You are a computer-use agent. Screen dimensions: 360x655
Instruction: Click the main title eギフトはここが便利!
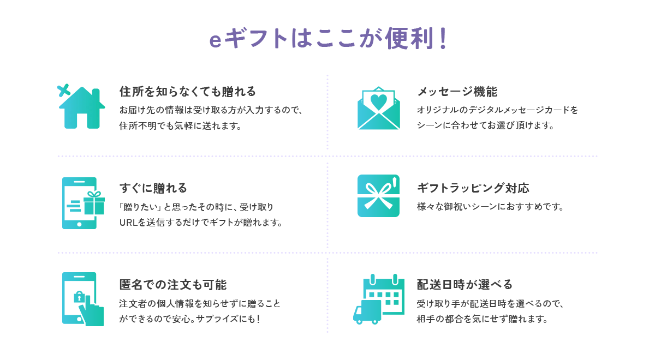coord(327,40)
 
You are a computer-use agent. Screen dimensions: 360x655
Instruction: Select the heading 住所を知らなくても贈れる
coord(187,91)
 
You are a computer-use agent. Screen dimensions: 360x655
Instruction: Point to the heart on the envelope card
coord(378,100)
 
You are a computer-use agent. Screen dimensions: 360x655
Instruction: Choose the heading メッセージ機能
coord(457,91)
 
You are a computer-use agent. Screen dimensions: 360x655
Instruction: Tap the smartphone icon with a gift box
coord(80,203)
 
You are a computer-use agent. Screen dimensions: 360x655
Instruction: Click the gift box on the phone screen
coord(94,203)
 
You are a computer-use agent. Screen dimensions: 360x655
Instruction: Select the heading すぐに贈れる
coord(153,188)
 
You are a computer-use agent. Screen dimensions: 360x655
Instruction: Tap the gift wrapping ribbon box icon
coord(378,196)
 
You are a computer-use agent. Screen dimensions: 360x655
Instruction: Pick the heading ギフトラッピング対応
coord(473,188)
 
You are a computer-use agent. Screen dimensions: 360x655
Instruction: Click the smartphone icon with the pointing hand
coord(81,299)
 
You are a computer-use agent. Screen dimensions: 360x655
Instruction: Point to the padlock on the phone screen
coord(80,297)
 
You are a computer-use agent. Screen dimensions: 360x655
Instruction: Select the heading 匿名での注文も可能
coord(172,285)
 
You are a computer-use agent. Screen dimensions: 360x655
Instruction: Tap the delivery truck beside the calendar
coord(367,312)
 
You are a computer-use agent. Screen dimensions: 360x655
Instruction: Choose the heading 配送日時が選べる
coord(465,285)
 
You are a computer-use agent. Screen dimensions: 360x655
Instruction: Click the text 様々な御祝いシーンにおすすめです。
coord(490,207)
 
